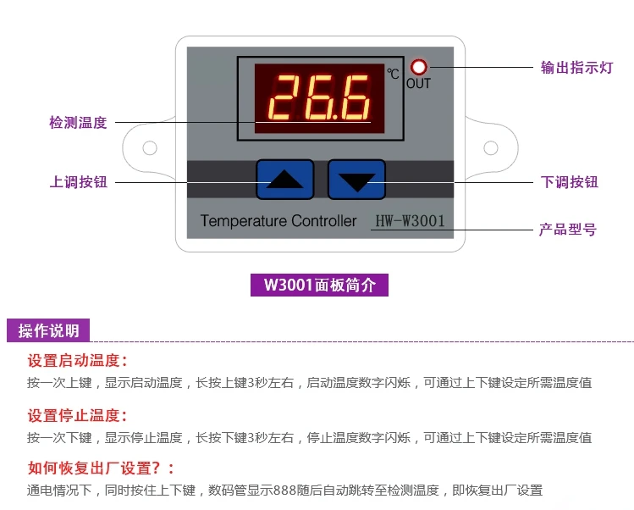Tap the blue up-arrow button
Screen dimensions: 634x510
click(x=284, y=179)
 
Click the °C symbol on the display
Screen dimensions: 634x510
click(x=393, y=75)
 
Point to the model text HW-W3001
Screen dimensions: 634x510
click(x=410, y=221)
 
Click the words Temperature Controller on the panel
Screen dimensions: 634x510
click(x=278, y=221)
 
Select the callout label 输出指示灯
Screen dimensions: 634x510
click(x=576, y=68)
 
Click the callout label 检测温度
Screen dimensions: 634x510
click(x=79, y=123)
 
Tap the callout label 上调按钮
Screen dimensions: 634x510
click(x=79, y=181)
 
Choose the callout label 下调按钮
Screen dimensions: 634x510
click(x=569, y=181)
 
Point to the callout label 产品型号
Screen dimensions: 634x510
click(x=568, y=230)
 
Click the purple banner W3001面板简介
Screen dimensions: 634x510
click(x=319, y=285)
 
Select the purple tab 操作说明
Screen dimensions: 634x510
click(x=49, y=330)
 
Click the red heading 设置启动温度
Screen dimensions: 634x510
click(x=77, y=360)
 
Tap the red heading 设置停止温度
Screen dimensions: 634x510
click(x=77, y=415)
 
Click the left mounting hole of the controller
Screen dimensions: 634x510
click(x=150, y=148)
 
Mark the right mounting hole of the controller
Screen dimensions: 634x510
click(x=490, y=148)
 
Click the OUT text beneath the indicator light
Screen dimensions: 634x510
click(x=418, y=83)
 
